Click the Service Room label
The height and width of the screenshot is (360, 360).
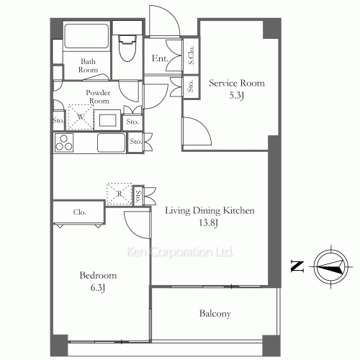[x=237, y=83]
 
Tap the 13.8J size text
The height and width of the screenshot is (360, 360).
[x=208, y=223]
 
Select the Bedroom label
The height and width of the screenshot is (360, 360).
[x=98, y=275]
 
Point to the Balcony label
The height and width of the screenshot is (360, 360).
[x=215, y=313]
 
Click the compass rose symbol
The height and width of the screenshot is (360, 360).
[x=331, y=267]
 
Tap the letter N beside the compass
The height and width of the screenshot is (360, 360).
[x=297, y=266]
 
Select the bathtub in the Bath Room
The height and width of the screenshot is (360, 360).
[x=86, y=36]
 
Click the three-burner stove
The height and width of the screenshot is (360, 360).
[x=64, y=143]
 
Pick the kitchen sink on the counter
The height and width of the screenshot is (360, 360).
[x=112, y=143]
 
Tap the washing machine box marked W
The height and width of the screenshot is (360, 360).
[x=81, y=117]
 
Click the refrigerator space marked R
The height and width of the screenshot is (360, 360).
[x=119, y=194]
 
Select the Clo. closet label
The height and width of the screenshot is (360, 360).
[x=80, y=212]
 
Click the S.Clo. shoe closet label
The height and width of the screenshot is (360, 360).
[x=191, y=55]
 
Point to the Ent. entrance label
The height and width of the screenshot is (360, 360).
[x=160, y=58]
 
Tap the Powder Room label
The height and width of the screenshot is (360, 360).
[x=99, y=96]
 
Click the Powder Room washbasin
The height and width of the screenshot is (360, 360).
[x=107, y=120]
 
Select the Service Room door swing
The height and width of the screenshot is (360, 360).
[x=197, y=131]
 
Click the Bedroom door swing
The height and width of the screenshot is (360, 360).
[x=138, y=225]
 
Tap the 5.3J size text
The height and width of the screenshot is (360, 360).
[x=237, y=96]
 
